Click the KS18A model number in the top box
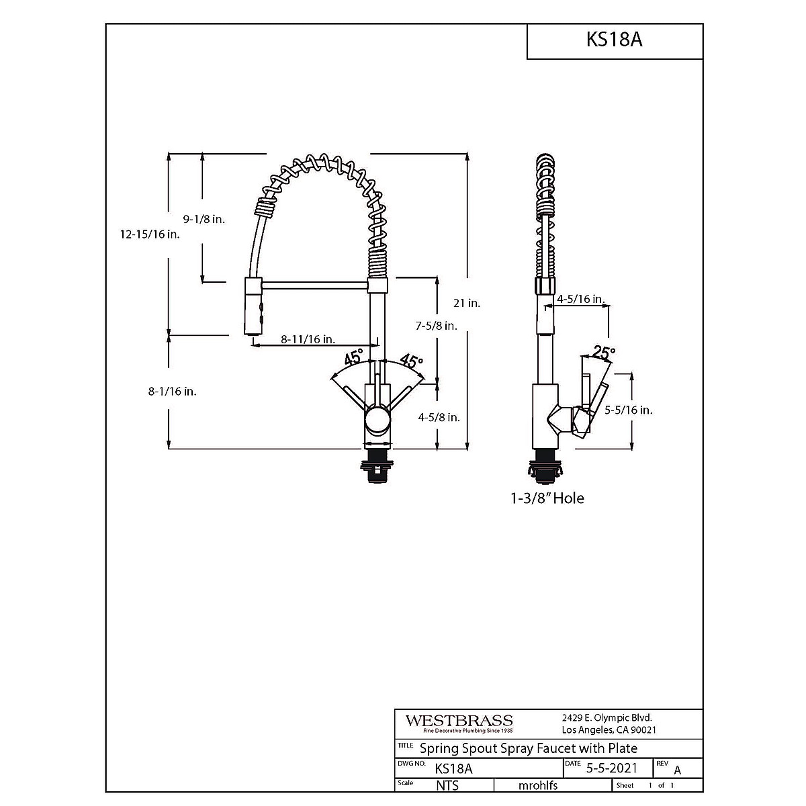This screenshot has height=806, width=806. click(x=614, y=40)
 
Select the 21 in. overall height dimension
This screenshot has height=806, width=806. click(x=466, y=303)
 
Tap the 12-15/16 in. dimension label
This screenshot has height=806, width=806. click(x=150, y=234)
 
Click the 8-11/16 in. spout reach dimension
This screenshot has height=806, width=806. click(x=308, y=339)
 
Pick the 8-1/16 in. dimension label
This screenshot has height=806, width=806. click(x=173, y=391)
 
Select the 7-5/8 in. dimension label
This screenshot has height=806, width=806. click(x=436, y=326)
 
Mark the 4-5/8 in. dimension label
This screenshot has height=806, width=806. click(x=439, y=417)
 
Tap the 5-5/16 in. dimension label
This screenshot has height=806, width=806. click(x=629, y=410)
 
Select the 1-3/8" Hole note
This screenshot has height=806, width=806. click(x=546, y=498)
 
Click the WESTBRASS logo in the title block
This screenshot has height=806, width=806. click(x=459, y=721)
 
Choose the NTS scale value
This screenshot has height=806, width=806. click(x=447, y=785)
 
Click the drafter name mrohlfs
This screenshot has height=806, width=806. click(x=538, y=785)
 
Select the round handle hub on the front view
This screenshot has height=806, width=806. click(x=377, y=422)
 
